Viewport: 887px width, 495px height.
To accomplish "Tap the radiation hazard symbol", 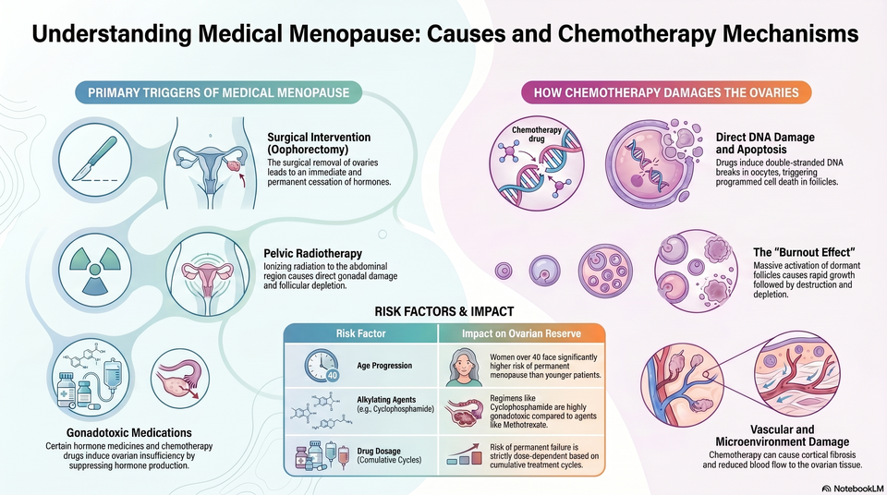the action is click(x=94, y=270).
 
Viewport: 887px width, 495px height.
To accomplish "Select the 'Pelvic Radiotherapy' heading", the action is click(x=313, y=253).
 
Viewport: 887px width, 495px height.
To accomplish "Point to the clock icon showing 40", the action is click(x=322, y=366).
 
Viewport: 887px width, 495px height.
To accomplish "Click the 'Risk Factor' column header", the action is click(x=360, y=333).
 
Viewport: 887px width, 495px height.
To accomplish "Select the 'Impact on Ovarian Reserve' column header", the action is click(x=521, y=333).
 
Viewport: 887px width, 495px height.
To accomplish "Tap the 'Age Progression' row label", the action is click(x=384, y=366).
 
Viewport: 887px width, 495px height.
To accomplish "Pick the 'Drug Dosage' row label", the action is click(x=379, y=451).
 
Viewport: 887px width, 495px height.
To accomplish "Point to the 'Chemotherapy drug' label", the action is click(x=536, y=134).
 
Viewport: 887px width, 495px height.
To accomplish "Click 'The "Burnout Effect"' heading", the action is click(x=804, y=252).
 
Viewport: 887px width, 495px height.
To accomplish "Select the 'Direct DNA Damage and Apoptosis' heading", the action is click(x=765, y=143).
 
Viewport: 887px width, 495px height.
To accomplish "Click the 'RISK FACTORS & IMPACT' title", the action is click(x=444, y=311).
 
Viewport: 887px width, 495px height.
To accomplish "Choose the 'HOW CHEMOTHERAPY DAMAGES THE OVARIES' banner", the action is click(x=666, y=92).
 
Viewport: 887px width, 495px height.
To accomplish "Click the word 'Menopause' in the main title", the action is click(x=354, y=34).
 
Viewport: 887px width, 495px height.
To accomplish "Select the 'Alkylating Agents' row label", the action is click(x=386, y=399).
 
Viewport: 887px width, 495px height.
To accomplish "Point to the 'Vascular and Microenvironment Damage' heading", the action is click(x=783, y=436).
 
